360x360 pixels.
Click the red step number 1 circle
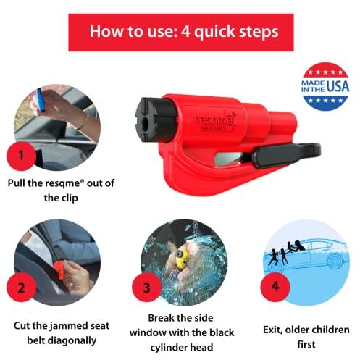click(x=21, y=156)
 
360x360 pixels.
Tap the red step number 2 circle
click(x=21, y=288)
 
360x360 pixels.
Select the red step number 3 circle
click(x=146, y=288)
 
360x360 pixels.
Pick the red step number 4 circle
click(x=275, y=287)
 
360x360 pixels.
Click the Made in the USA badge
click(x=325, y=86)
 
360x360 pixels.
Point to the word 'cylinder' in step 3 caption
click(x=169, y=348)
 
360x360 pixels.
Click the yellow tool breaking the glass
click(x=182, y=259)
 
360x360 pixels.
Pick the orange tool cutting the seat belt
click(x=59, y=269)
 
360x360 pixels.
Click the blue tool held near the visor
click(x=41, y=100)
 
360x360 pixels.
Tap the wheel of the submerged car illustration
click(x=335, y=261)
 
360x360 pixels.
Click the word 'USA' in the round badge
click(x=338, y=86)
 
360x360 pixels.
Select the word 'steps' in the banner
click(x=261, y=32)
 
